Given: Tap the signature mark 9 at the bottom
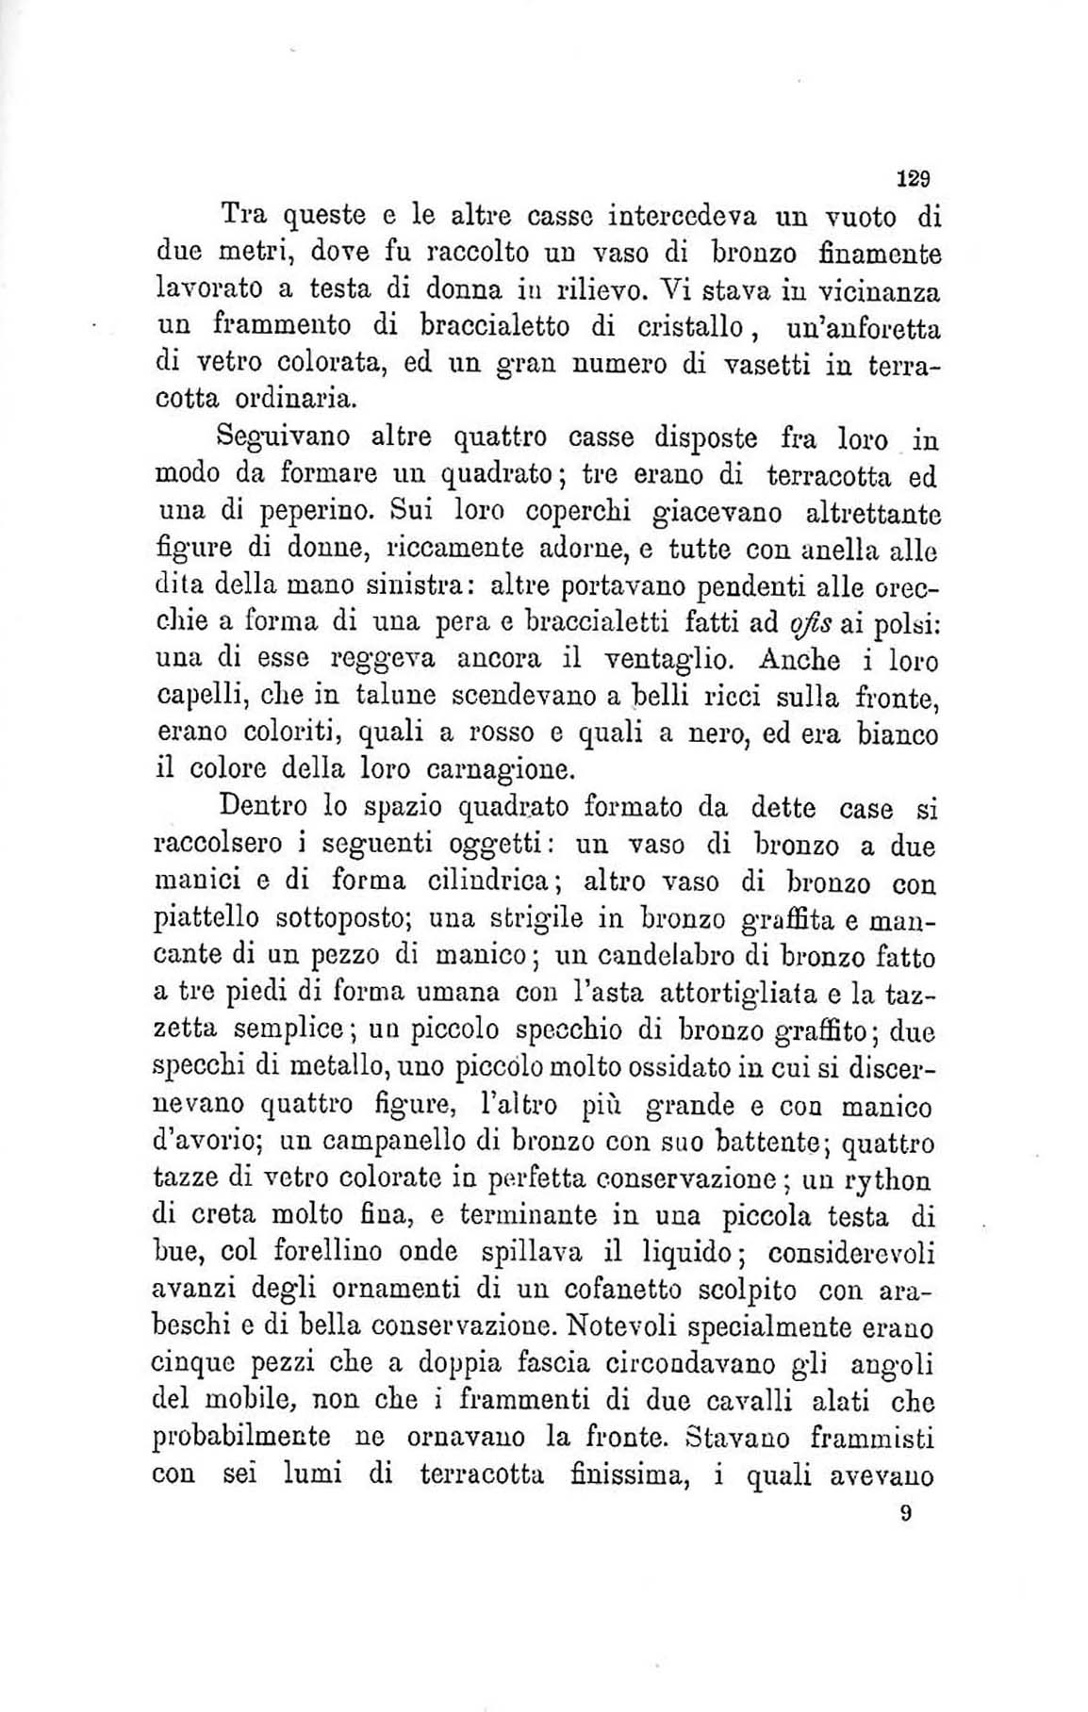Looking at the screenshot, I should pos(905,1514).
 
